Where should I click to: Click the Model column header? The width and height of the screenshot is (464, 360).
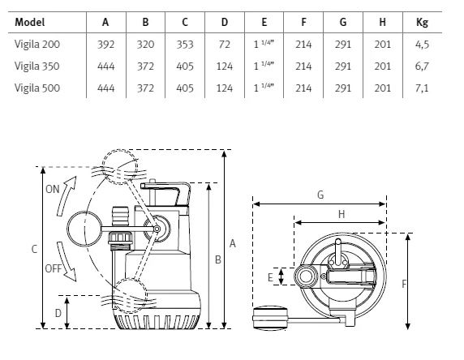(x=29, y=22)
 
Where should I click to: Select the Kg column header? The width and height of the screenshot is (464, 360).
(x=422, y=23)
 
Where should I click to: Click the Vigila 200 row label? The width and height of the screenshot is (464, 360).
(x=37, y=45)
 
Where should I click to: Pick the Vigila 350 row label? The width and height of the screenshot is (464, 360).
(x=37, y=66)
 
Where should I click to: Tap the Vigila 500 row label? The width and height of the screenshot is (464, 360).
(x=37, y=88)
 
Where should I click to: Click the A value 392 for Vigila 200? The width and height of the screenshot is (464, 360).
(x=105, y=45)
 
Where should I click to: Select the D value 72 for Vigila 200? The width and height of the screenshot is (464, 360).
(x=225, y=45)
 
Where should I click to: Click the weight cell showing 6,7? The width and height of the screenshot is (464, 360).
(x=422, y=66)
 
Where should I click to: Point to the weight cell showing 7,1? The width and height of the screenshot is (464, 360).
(x=422, y=88)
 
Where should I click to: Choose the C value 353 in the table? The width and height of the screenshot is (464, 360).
(x=185, y=45)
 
